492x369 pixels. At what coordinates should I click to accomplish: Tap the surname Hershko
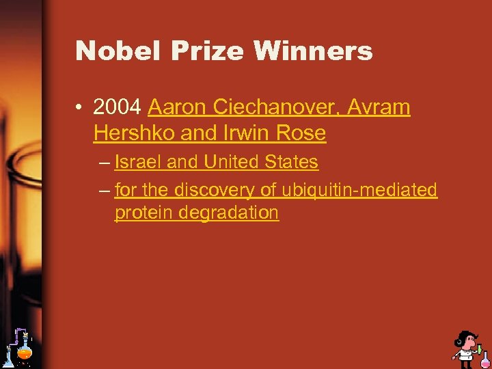click(134, 133)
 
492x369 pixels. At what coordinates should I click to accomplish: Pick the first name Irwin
click(241, 133)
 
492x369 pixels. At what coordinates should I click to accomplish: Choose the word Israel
click(137, 163)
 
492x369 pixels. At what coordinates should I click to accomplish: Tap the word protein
click(143, 213)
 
